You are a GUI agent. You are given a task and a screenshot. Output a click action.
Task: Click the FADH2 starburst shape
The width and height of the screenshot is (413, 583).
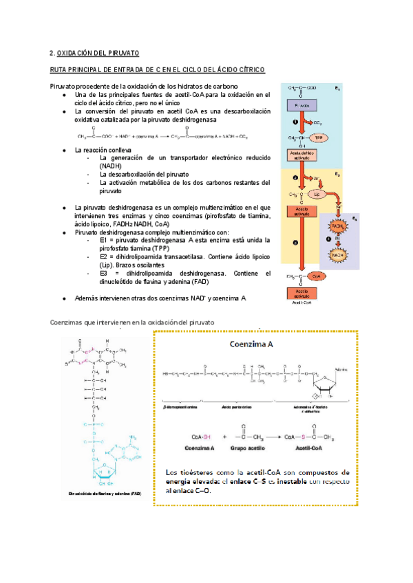[x=339, y=226]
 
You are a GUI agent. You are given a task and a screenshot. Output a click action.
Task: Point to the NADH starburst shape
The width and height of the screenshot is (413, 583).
[x=339, y=254]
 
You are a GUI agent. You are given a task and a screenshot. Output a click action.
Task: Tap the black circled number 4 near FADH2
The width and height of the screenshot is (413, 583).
[x=339, y=241]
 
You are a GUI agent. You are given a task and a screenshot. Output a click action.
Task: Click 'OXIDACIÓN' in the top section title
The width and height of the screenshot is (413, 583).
[x=78, y=52]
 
